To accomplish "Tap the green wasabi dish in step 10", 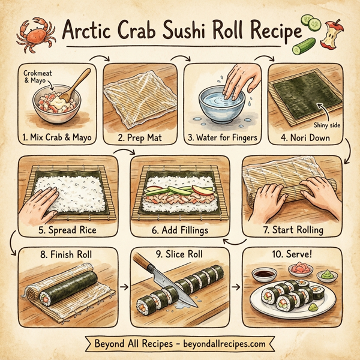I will click(x=328, y=276).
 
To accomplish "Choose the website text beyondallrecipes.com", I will click(x=221, y=344).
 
